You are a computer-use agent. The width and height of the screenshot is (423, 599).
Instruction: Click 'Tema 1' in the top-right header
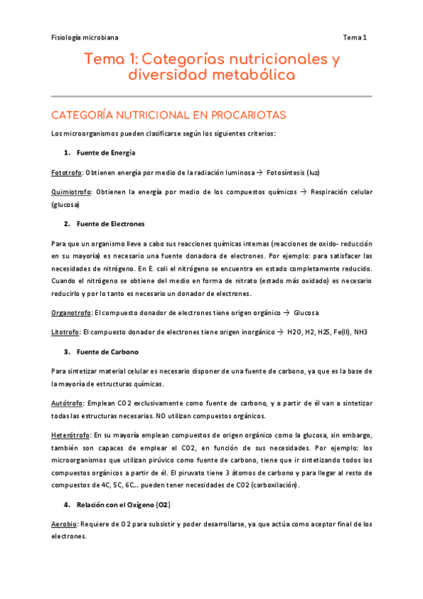(x=356, y=37)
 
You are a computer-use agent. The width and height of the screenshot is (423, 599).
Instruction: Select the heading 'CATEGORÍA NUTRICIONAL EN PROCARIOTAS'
(x=165, y=114)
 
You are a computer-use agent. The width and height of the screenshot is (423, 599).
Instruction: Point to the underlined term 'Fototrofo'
(x=67, y=172)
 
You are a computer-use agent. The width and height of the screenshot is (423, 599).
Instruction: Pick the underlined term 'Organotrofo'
(x=71, y=312)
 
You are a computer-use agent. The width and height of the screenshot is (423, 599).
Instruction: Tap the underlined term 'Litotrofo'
(x=66, y=331)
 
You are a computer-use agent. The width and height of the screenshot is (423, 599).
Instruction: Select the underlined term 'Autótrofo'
(x=67, y=403)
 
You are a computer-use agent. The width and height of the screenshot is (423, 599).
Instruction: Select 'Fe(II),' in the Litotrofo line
(x=338, y=331)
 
